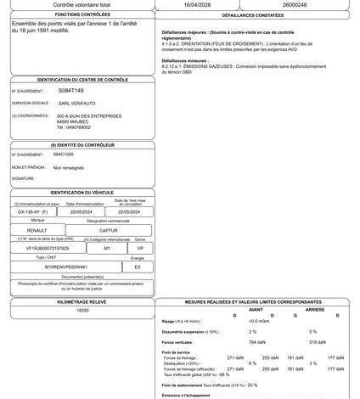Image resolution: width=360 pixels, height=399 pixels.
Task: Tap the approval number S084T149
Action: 71,89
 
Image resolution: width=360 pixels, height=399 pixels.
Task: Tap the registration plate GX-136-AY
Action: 37,212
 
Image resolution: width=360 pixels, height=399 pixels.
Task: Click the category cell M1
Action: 107,248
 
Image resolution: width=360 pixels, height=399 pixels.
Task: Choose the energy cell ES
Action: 138,266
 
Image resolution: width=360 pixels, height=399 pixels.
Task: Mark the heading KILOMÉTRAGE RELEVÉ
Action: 82,301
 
